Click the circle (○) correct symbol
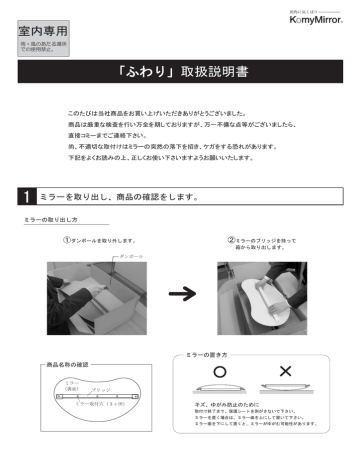(x=217, y=371)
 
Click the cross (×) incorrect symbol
(x=284, y=371)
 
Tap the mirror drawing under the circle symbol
(x=217, y=389)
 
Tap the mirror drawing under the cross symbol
(x=285, y=389)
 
